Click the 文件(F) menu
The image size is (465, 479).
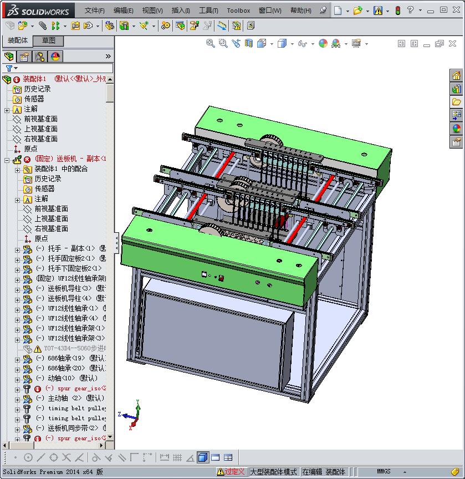pos(95,11)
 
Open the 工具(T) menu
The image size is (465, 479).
pos(208,11)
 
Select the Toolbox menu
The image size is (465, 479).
pos(238,11)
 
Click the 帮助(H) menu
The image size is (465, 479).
pos(300,11)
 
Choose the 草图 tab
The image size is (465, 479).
pos(49,40)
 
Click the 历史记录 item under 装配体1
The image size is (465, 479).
pos(37,89)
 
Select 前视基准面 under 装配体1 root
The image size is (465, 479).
pos(40,119)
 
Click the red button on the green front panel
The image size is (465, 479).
pos(222,278)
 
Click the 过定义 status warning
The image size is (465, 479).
pos(231,472)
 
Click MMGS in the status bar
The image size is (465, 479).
pos(384,472)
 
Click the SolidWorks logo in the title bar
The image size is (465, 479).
pos(38,11)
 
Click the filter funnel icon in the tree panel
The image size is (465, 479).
pos(9,68)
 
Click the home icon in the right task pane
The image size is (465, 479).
pos(456,76)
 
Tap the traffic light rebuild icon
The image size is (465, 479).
pos(397,11)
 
